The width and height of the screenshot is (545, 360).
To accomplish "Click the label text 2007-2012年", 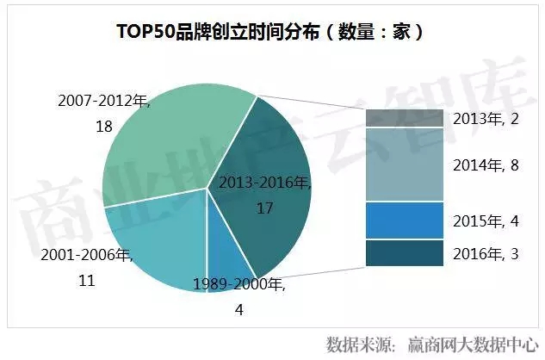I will (104, 102).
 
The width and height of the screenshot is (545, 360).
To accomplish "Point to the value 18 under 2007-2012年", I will (105, 126).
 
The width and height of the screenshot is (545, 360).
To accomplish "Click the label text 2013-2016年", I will (263, 183).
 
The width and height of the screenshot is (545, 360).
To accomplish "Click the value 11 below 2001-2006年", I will (85, 281).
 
